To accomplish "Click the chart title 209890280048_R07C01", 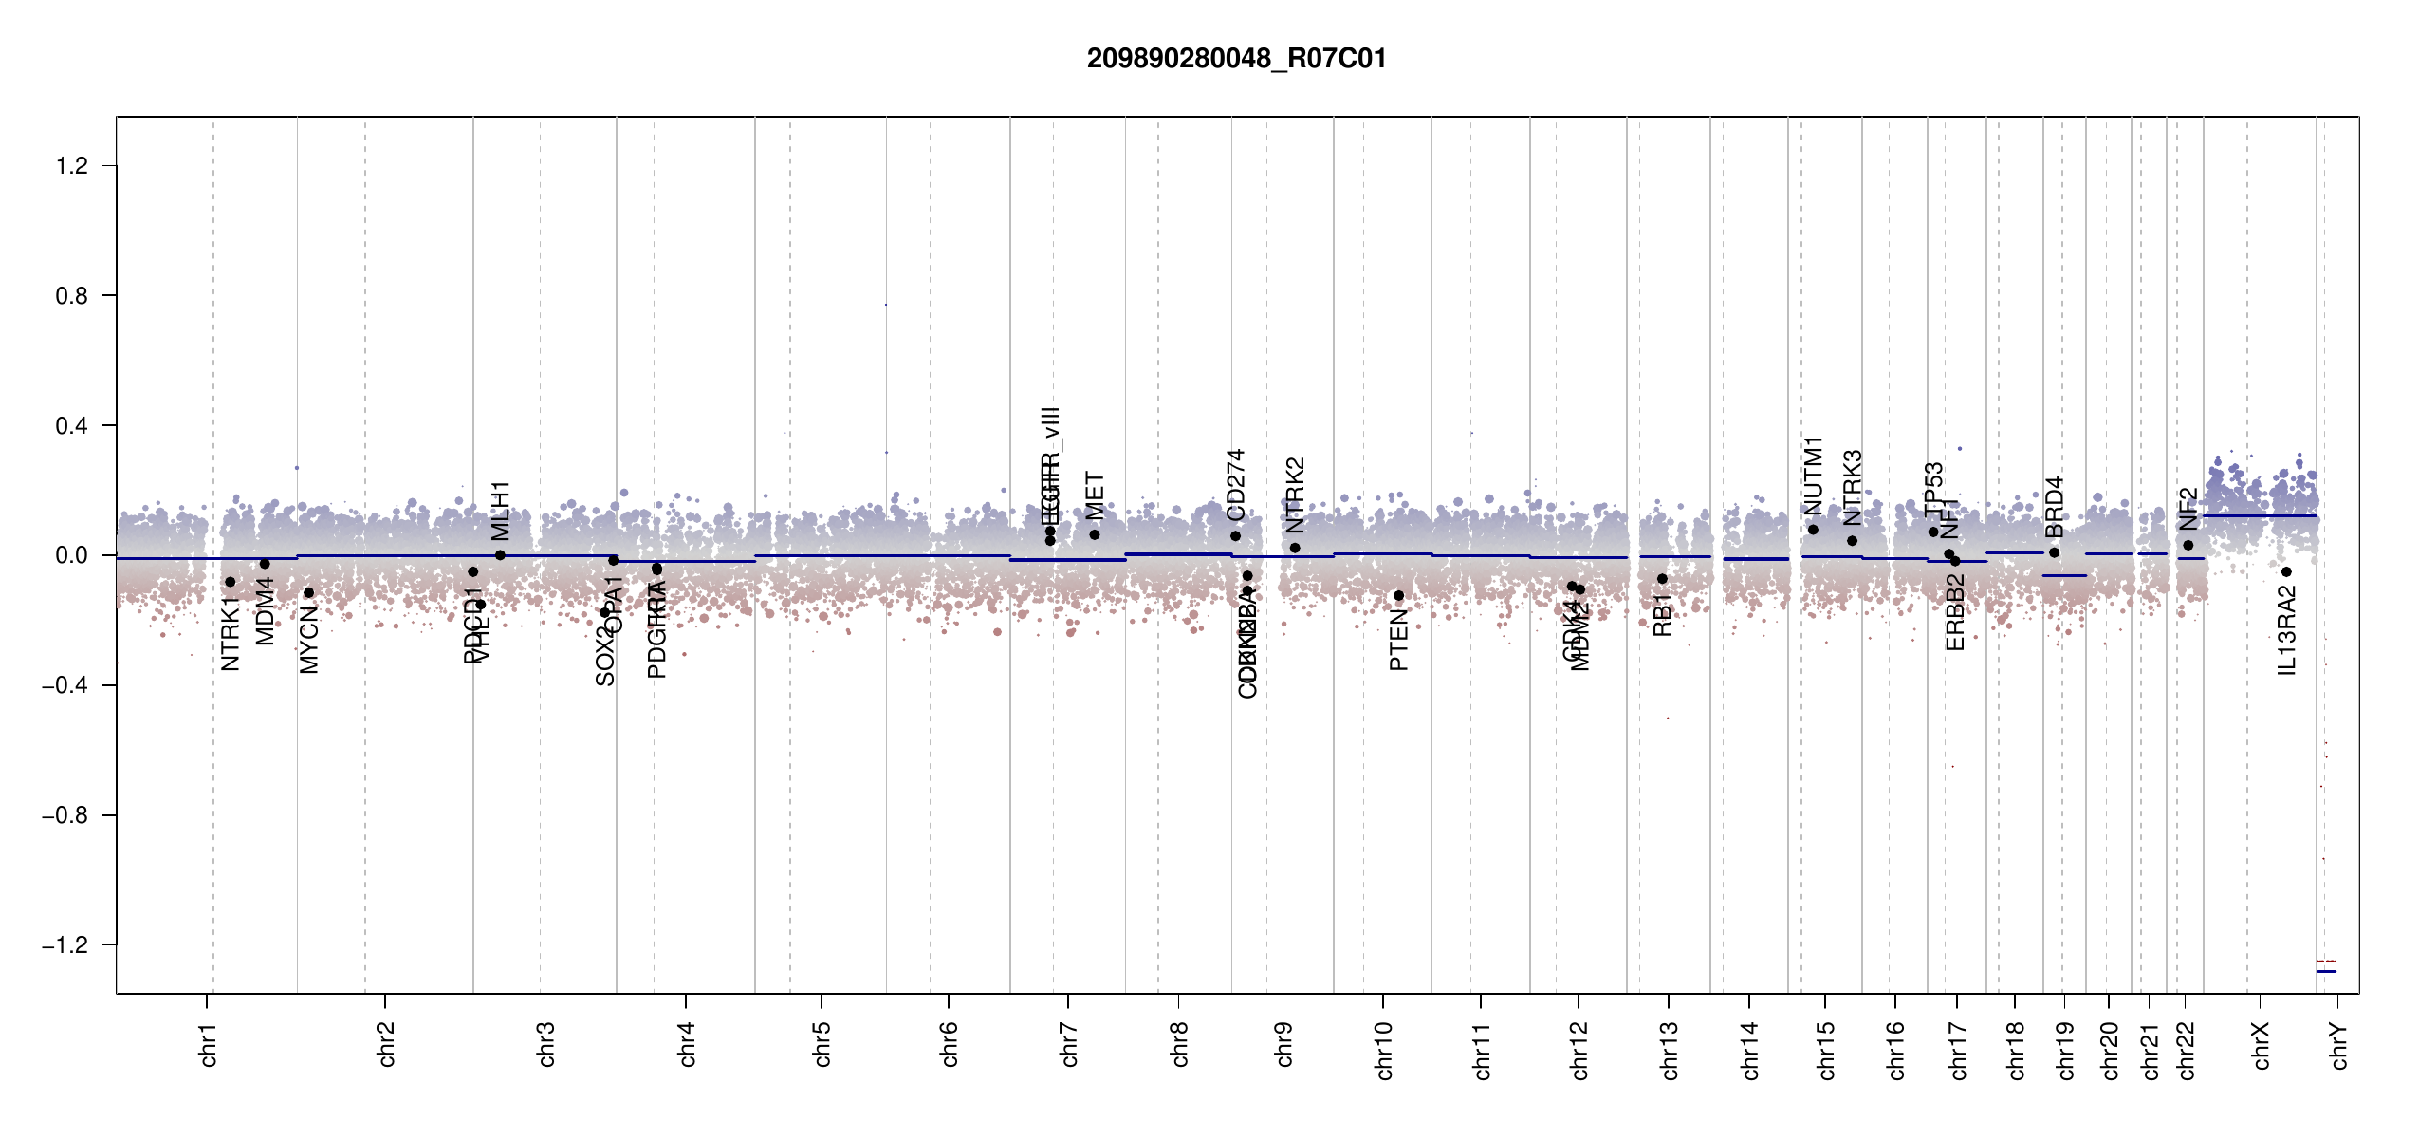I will tap(1236, 59).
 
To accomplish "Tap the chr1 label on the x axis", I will tap(209, 1044).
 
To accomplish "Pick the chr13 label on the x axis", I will tap(1670, 1050).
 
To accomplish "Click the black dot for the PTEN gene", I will tap(1398, 596).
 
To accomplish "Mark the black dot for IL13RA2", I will tap(2286, 571).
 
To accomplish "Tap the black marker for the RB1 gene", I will tap(1662, 579).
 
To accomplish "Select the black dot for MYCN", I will tap(308, 593).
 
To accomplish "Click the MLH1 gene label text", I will tap(501, 511).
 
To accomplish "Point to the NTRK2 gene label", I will tap(1296, 495).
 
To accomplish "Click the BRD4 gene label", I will tap(2055, 507).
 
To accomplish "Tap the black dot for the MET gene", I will tap(1095, 534).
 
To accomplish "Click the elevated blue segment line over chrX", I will tap(2258, 516).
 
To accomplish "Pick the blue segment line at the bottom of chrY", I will tap(2326, 972).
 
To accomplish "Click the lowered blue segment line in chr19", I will tap(2064, 576).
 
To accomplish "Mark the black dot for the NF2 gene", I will tap(2188, 545).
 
